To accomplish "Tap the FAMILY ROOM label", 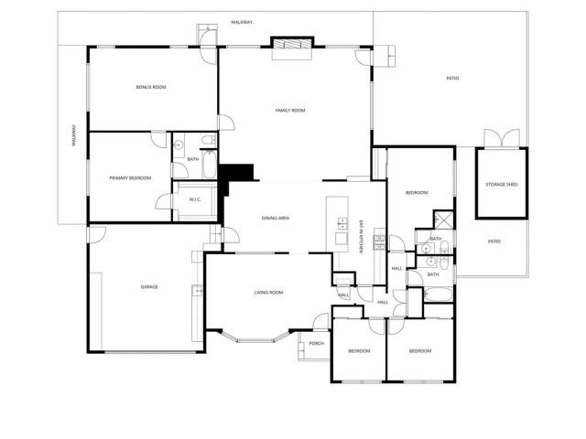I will point(289,111).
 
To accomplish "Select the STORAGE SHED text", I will point(501,185).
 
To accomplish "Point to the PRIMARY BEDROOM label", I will point(129,177).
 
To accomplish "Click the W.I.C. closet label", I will point(195,199).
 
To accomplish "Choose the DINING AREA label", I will point(276,218).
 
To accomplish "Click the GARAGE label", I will point(149,287).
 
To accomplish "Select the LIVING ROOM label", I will point(268,293).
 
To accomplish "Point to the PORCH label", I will point(316,343).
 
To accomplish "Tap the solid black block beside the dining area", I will point(241,172).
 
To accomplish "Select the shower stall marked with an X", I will point(442,219).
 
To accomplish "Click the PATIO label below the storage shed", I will point(494,241).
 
